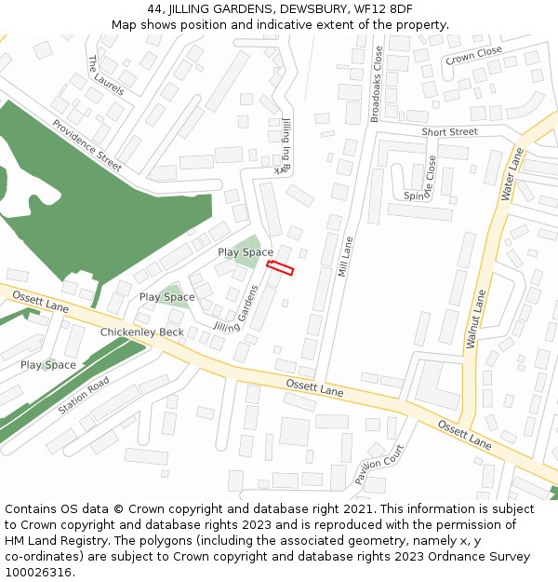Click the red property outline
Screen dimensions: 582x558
(x=280, y=268)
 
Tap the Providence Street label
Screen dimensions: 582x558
(x=86, y=145)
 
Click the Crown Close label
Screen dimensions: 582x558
(x=473, y=56)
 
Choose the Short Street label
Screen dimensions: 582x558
(x=449, y=132)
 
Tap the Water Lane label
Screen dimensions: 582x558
(x=513, y=174)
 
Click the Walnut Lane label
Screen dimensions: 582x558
(x=476, y=319)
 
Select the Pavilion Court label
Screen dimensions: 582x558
(x=379, y=465)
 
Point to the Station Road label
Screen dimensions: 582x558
(x=84, y=396)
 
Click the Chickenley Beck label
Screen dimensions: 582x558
(x=142, y=332)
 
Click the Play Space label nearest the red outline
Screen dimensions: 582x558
(x=246, y=252)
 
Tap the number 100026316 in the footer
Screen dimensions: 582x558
(x=38, y=573)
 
